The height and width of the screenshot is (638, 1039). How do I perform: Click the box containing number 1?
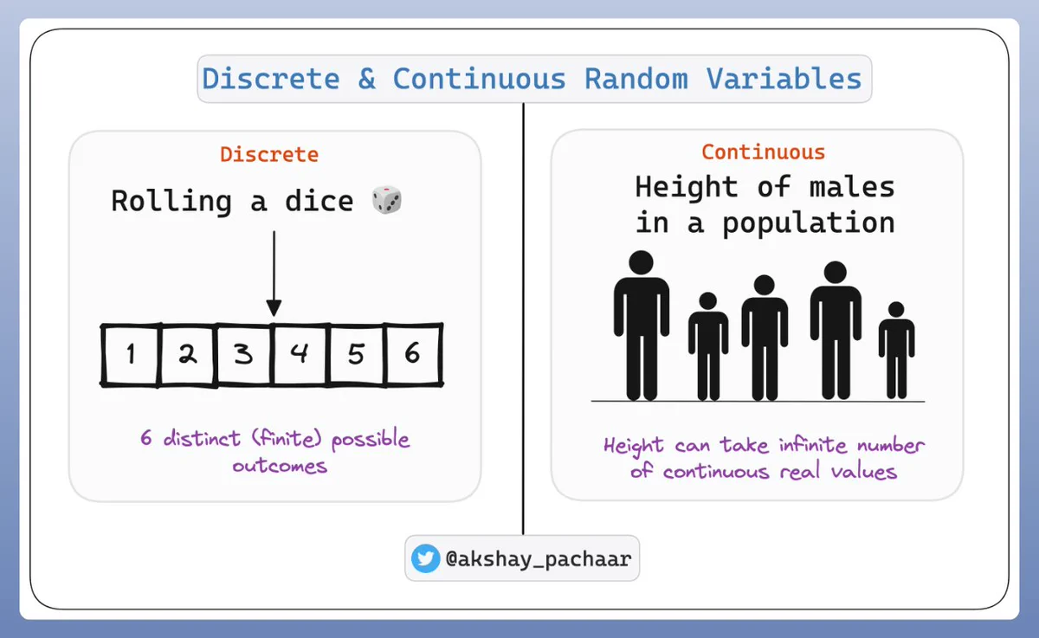[131, 355]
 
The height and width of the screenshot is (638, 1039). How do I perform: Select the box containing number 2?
[188, 355]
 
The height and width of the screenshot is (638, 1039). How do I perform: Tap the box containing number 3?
[244, 355]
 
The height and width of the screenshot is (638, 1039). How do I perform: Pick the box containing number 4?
[301, 355]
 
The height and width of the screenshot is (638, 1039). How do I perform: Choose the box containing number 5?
[357, 355]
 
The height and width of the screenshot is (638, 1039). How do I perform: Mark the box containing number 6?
[414, 355]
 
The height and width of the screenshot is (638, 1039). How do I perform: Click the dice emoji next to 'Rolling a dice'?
[387, 200]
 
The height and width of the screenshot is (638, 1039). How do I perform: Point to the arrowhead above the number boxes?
[274, 308]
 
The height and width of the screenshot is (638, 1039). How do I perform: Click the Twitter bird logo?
[425, 558]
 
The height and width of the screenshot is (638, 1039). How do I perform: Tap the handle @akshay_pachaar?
[539, 559]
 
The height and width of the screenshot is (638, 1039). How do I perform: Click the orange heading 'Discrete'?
[269, 154]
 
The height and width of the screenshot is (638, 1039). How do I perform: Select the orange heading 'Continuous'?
[764, 152]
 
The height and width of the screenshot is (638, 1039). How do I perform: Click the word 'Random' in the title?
[636, 79]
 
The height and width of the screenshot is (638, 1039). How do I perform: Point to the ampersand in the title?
[366, 79]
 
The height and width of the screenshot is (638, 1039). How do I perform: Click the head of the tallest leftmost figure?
[641, 263]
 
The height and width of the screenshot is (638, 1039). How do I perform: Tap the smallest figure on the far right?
[897, 350]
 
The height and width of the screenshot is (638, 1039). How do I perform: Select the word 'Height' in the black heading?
[687, 188]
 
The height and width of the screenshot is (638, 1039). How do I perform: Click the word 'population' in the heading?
[809, 223]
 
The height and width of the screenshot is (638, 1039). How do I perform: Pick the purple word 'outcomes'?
[281, 466]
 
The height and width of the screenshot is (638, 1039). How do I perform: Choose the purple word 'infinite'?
[813, 445]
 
